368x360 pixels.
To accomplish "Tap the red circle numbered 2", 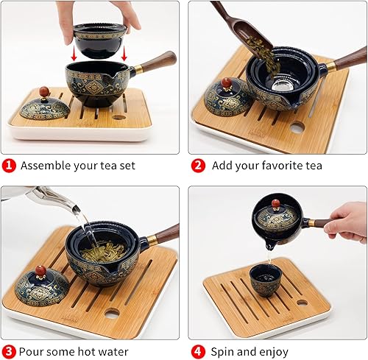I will tap(197, 166).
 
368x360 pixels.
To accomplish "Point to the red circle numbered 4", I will tap(197, 352).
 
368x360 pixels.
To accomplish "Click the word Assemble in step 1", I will tap(46, 166).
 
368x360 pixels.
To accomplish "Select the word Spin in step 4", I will tap(223, 352).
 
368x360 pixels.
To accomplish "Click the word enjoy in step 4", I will tap(272, 352).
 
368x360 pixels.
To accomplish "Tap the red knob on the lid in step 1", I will tap(44, 91).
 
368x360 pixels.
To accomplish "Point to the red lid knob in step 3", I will tap(40, 270).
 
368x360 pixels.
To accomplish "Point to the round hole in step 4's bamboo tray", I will tap(302, 302).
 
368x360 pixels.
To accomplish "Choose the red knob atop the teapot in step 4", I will tap(276, 204).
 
